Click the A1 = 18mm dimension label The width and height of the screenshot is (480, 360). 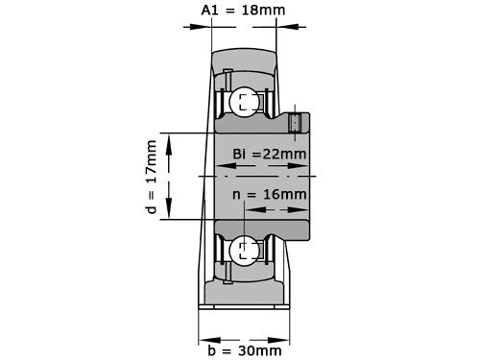[244, 12]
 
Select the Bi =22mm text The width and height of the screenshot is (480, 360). [270, 154]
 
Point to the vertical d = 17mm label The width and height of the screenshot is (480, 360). [150, 177]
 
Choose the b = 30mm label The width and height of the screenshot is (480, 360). [246, 350]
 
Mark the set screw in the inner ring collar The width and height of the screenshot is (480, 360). [296, 123]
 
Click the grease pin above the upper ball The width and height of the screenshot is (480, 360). [227, 74]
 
